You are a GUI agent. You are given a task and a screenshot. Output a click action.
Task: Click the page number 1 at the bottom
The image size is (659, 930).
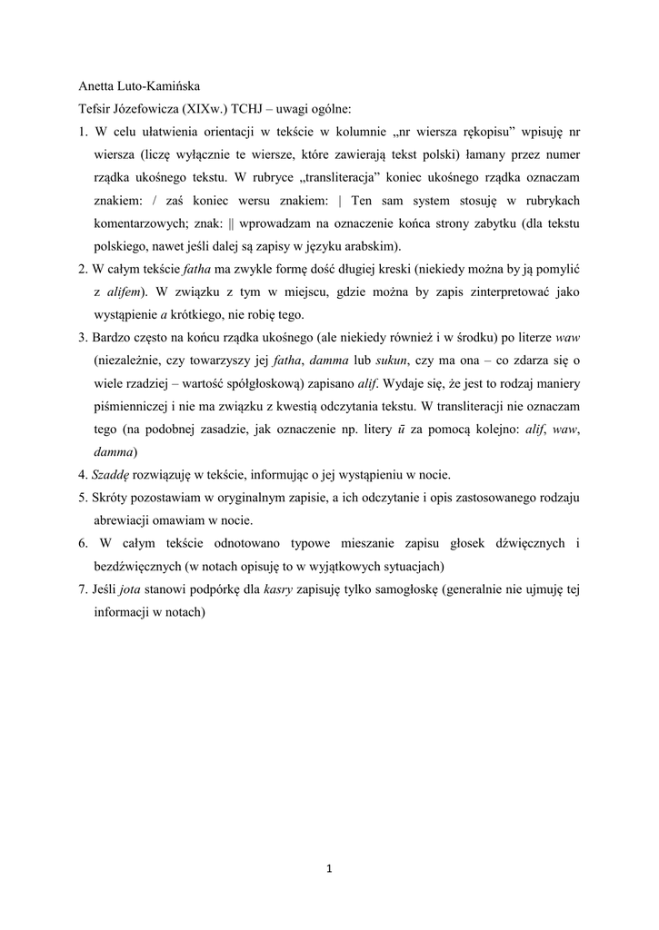329,870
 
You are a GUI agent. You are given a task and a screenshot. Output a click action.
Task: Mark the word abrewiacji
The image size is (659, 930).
125,520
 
